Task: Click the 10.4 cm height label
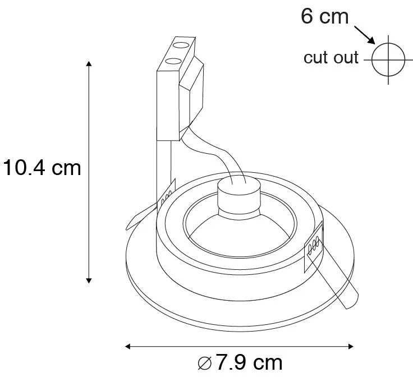(42, 167)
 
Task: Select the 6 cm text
(325, 16)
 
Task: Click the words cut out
(331, 58)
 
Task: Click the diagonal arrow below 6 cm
(365, 36)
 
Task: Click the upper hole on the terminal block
(181, 44)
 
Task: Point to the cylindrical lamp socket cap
(241, 194)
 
